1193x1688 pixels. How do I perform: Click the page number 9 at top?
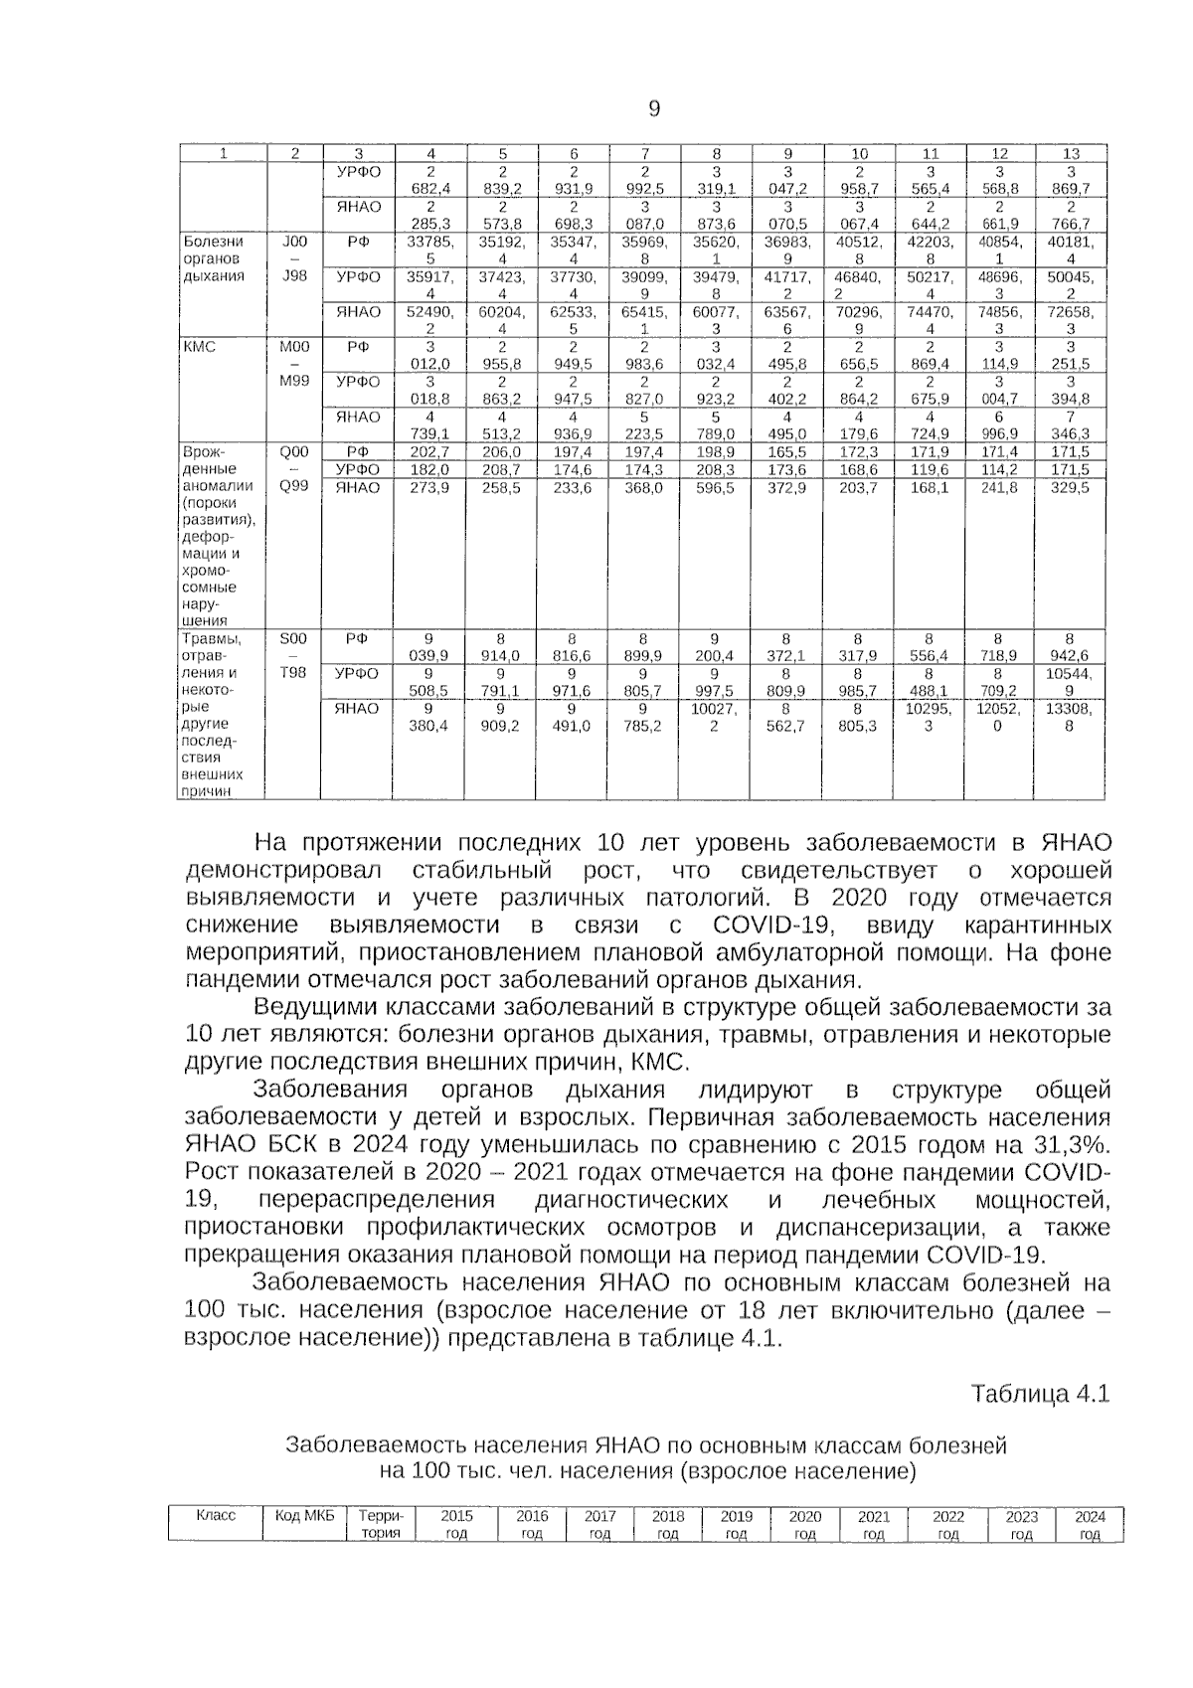click(x=654, y=110)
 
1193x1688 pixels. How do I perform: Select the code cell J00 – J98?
click(x=294, y=257)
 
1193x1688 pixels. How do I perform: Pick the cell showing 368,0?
click(x=644, y=488)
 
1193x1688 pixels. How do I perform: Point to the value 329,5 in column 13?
click(x=1070, y=488)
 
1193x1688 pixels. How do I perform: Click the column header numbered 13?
click(x=1070, y=154)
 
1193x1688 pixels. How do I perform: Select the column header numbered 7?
click(x=644, y=154)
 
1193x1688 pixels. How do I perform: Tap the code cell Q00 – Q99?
click(x=294, y=469)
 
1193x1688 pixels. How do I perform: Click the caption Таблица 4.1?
click(x=1039, y=1393)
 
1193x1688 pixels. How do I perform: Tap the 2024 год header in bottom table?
click(x=1090, y=1525)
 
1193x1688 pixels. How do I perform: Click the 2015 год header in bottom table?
click(x=456, y=1525)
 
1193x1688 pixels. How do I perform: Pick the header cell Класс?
click(x=216, y=1516)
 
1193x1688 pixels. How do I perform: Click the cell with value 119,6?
click(x=929, y=469)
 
